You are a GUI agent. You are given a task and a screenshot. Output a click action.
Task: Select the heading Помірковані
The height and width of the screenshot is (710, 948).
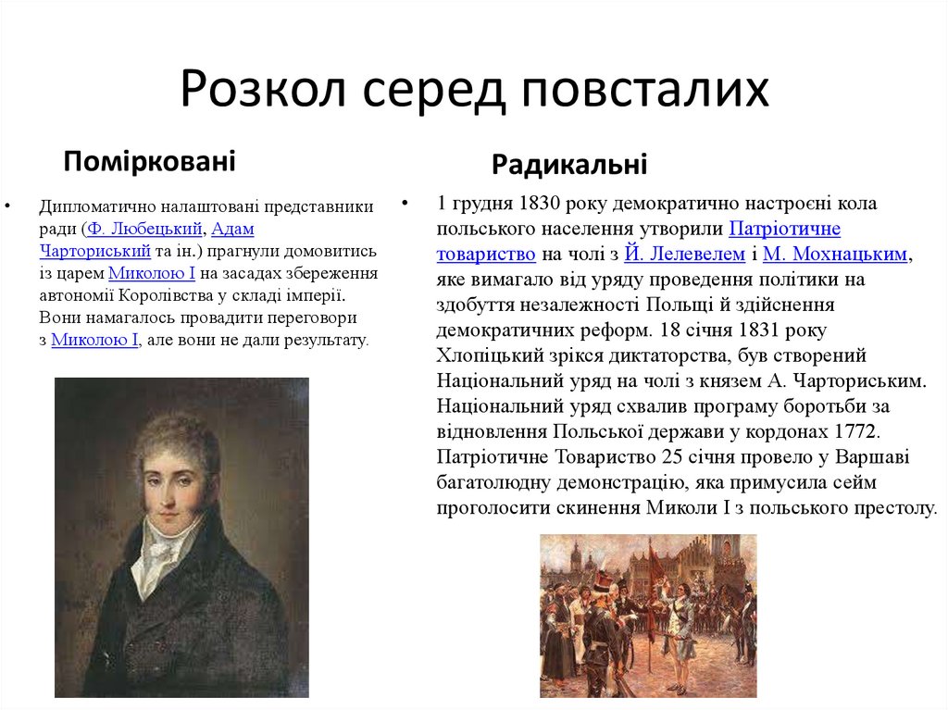tap(149, 161)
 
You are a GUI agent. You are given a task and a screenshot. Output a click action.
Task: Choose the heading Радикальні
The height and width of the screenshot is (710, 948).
tap(569, 165)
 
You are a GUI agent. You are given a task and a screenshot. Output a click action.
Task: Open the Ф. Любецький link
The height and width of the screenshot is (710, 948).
tap(144, 229)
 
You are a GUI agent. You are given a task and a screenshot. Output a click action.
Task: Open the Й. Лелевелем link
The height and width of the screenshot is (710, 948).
tap(684, 254)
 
